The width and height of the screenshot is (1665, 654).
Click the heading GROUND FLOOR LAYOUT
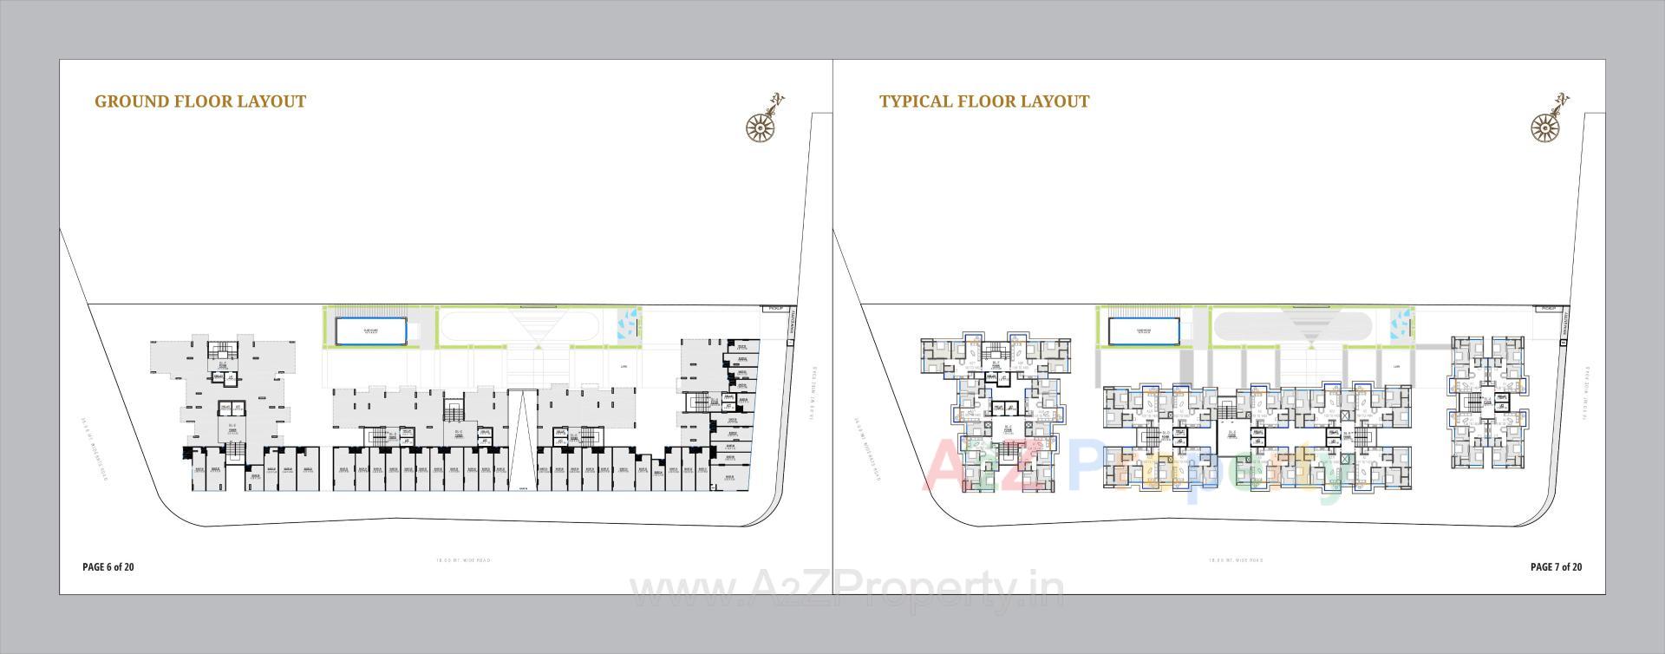(200, 101)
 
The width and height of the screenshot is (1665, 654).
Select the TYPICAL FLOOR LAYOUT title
(984, 101)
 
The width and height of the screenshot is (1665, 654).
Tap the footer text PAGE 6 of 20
(108, 567)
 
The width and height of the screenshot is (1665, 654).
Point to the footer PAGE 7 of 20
(1556, 567)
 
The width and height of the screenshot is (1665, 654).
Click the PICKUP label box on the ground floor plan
(774, 309)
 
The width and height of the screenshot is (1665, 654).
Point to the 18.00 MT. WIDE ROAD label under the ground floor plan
(463, 560)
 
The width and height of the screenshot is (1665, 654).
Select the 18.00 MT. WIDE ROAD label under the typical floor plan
(1236, 560)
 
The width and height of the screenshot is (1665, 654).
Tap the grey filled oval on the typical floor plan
(1292, 328)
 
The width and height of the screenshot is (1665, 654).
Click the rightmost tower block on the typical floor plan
(1487, 403)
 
